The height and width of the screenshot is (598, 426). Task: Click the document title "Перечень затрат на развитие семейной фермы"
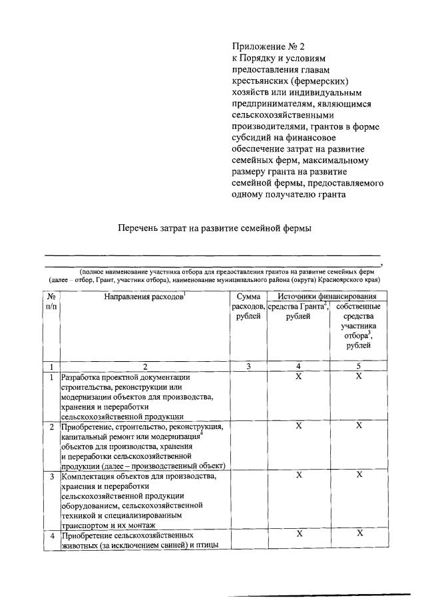coord(215,228)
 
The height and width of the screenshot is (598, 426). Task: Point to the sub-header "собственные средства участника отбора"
coord(359,326)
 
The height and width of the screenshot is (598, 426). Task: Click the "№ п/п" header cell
coord(51,301)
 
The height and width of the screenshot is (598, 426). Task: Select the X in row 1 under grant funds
coord(299,377)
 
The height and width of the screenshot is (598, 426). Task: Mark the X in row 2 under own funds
coord(359,426)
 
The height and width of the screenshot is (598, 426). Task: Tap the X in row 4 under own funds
coord(359,534)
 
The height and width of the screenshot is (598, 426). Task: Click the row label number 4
coord(51,536)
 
